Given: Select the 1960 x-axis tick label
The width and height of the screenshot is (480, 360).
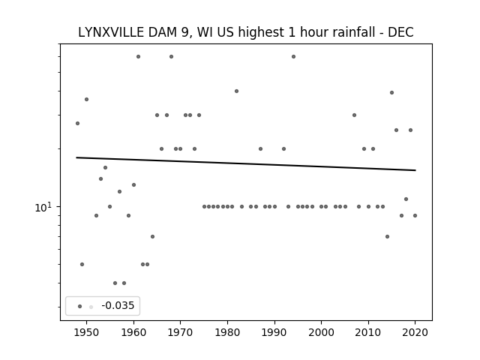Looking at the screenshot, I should click(x=133, y=332).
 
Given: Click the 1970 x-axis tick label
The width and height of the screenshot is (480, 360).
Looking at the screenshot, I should click(x=181, y=332).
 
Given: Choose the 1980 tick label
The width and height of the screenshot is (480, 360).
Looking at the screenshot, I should click(x=227, y=332).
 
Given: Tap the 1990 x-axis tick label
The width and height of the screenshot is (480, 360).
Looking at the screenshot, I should click(x=274, y=332).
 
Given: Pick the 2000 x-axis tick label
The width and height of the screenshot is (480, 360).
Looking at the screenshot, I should click(x=321, y=332).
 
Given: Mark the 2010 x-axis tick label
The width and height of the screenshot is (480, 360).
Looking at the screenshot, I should click(x=368, y=332).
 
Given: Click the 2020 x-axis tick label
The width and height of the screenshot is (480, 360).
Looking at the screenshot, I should click(x=415, y=332).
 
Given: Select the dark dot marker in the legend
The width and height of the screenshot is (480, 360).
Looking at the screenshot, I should click(x=79, y=306).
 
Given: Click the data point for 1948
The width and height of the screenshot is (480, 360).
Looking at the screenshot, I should click(x=77, y=123).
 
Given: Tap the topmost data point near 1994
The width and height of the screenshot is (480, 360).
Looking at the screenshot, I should click(x=293, y=56).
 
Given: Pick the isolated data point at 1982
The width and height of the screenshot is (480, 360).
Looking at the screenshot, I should click(x=236, y=91).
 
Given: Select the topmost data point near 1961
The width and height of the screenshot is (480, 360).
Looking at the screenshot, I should click(x=138, y=56).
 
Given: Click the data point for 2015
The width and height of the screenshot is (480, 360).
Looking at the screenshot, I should click(x=391, y=92).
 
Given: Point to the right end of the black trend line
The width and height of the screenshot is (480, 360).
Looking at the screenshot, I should click(x=415, y=170).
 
